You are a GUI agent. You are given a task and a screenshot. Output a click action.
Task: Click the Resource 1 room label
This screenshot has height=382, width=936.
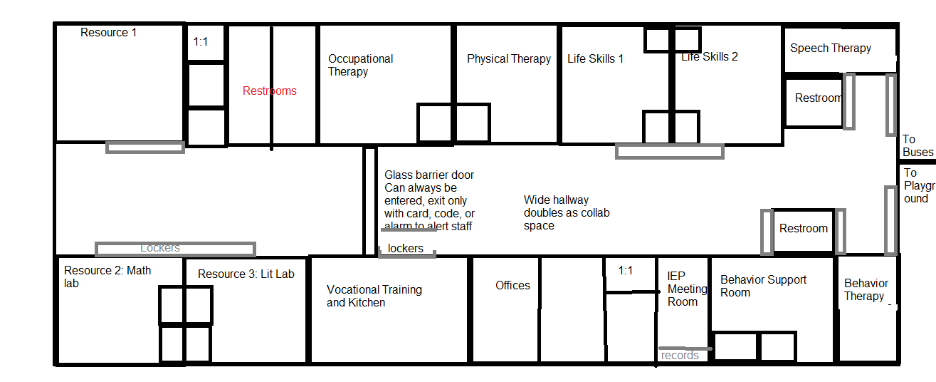point(108,33)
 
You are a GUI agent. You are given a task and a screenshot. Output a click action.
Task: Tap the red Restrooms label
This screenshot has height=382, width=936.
point(269,91)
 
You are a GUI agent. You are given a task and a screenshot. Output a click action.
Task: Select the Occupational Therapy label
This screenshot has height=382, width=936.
point(360,65)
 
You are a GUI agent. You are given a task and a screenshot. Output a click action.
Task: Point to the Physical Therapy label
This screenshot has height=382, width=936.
point(508,59)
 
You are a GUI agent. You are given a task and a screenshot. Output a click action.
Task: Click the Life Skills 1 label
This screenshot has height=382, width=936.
point(595,59)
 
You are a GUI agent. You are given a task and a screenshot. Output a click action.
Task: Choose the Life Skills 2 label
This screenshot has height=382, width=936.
point(710,57)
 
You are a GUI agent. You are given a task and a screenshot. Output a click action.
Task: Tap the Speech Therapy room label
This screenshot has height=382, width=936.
point(830,48)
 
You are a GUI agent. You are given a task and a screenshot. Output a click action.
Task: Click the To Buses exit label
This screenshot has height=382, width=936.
point(917,146)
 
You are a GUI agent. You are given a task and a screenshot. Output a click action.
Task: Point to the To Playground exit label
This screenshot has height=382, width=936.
point(916,185)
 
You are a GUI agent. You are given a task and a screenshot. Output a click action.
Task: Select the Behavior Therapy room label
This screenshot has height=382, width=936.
point(866,289)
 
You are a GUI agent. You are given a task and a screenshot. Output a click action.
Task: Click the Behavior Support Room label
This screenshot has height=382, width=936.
point(763,286)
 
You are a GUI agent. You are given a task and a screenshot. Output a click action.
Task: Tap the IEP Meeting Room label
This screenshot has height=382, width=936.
point(687,289)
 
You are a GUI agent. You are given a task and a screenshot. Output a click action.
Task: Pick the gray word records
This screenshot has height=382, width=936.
point(680,356)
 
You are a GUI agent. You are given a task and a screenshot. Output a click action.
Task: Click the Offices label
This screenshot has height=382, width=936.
point(512,286)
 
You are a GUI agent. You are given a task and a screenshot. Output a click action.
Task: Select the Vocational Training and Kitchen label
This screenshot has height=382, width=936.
point(374,296)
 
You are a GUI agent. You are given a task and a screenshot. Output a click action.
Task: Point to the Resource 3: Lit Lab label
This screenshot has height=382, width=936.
point(246,274)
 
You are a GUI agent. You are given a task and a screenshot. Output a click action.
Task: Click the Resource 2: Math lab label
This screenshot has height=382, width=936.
point(107,277)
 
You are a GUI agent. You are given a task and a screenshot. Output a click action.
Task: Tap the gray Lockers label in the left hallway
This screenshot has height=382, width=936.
point(159,248)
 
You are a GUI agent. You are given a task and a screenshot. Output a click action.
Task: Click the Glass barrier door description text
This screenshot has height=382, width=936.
point(429,200)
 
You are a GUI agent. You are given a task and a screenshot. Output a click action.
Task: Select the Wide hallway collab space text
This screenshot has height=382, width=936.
point(567,212)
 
